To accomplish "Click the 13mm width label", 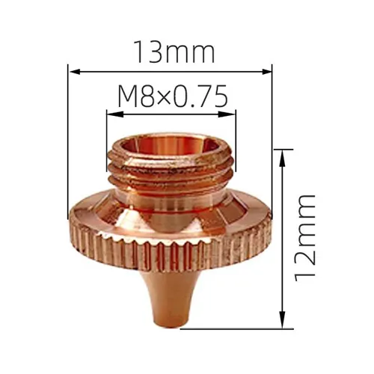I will pos(173,52).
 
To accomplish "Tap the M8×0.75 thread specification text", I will pos(172,96).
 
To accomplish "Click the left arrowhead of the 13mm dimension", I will pos(73,72).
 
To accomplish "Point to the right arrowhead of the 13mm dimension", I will pos(269,72).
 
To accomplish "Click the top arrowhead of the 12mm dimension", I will pos(283,153).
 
